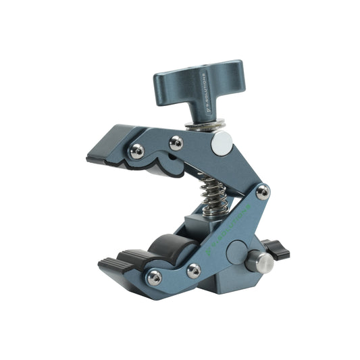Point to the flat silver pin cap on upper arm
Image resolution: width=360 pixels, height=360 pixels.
pos(222,142)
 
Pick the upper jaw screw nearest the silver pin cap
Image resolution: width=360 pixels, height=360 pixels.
pos(176,143)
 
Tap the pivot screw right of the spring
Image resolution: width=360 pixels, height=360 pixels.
pos(262,192)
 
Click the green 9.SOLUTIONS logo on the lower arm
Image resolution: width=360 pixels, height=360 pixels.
pos(230,223)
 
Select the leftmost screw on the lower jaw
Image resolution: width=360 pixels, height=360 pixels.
pos(155,277)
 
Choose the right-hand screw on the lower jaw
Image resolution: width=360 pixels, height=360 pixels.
pos(194,271)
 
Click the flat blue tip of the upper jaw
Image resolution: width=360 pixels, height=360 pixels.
pos(108,145)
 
